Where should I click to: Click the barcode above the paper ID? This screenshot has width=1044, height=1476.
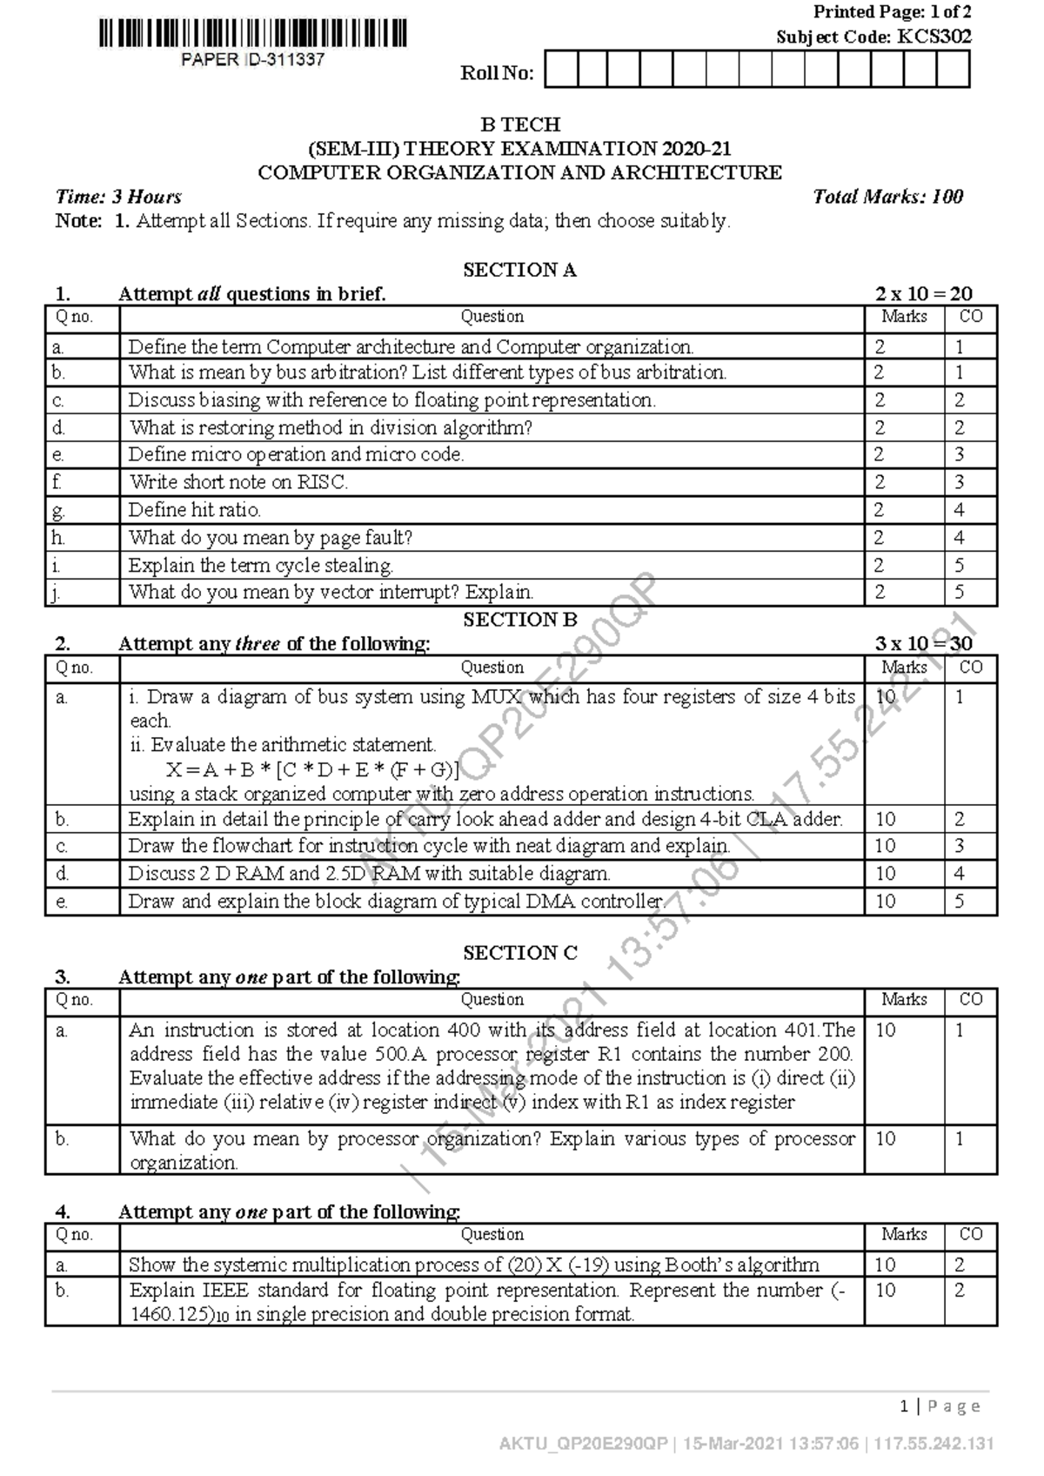tap(252, 34)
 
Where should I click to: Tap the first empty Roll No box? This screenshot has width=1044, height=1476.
tap(561, 70)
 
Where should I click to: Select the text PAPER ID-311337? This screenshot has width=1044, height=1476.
tap(252, 60)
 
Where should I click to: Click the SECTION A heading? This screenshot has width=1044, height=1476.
tap(519, 270)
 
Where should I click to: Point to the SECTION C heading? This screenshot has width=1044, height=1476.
tap(519, 952)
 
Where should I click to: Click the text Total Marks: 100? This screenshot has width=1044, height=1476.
tap(887, 197)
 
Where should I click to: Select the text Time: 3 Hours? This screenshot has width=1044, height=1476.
tap(118, 197)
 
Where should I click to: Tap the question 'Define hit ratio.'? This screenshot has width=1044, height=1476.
tap(195, 509)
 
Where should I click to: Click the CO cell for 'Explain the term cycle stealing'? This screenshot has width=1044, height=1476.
tap(959, 565)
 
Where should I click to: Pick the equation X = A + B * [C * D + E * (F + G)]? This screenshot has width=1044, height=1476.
tap(312, 769)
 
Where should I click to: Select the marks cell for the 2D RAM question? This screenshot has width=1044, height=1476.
tap(885, 873)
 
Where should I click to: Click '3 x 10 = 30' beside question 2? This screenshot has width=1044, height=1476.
tap(923, 644)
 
